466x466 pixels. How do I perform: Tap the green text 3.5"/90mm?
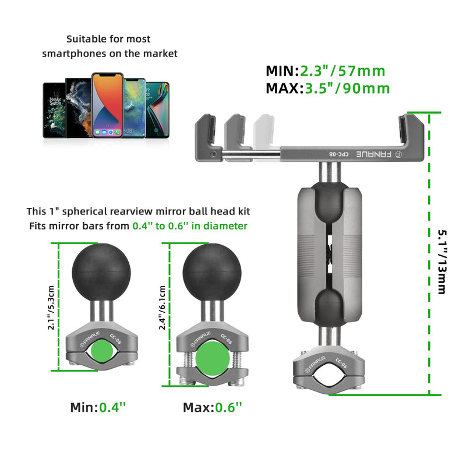pos(347,89)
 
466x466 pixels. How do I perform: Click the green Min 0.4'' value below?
pos(113,408)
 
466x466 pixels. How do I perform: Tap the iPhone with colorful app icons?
pos(107,104)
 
